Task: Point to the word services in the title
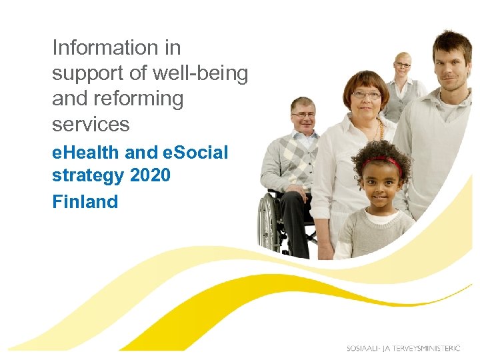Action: click(x=91, y=124)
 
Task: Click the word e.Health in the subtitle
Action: click(x=86, y=153)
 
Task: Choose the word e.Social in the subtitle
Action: click(x=195, y=153)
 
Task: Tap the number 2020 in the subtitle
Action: click(x=151, y=176)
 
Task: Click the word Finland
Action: click(x=85, y=201)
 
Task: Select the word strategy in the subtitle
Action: click(x=88, y=176)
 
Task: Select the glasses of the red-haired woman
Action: click(x=366, y=95)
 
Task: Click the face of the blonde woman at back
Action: click(x=403, y=67)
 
